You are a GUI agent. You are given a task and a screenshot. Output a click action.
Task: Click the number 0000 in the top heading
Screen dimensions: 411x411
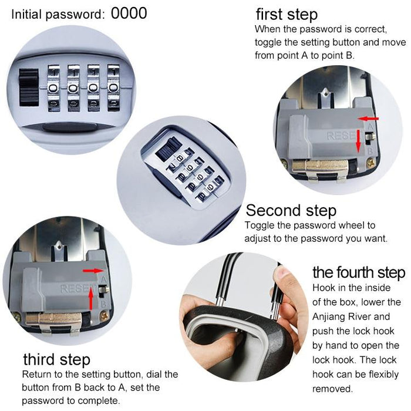pyautogui.click(x=129, y=13)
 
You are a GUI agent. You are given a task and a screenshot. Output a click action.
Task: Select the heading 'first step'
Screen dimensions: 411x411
pyautogui.click(x=287, y=15)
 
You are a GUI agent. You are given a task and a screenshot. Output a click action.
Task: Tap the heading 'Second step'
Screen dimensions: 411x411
pyautogui.click(x=291, y=210)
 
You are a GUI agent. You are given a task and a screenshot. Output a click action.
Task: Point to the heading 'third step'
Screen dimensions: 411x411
pyautogui.click(x=56, y=359)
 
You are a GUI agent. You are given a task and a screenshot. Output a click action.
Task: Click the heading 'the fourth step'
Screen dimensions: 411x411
pyautogui.click(x=358, y=272)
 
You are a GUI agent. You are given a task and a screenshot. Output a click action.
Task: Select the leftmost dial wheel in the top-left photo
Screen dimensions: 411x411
pyautogui.click(x=53, y=87)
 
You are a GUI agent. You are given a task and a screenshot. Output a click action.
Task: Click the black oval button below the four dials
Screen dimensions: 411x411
pyautogui.click(x=63, y=126)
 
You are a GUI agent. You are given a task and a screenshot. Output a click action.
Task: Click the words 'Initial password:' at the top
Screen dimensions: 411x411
pyautogui.click(x=58, y=14)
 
